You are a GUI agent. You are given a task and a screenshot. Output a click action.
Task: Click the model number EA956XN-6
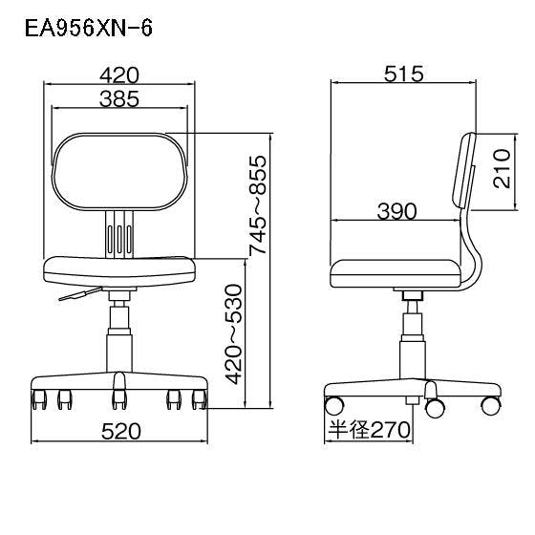click(88, 28)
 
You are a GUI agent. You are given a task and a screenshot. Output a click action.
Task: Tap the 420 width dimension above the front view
click(119, 75)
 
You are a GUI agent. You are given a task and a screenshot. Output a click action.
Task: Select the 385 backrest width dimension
click(119, 99)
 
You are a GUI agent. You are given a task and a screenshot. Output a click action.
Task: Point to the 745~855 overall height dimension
click(258, 205)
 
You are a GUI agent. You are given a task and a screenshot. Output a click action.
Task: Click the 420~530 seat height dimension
click(233, 334)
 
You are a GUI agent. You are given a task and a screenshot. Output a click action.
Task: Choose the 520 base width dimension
click(121, 431)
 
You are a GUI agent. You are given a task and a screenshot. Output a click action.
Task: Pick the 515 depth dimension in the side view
click(403, 75)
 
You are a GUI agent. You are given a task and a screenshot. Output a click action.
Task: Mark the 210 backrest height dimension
click(502, 169)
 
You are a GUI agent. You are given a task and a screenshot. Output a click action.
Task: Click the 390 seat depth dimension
click(396, 211)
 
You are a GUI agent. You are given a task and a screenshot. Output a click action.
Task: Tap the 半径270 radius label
click(369, 430)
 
